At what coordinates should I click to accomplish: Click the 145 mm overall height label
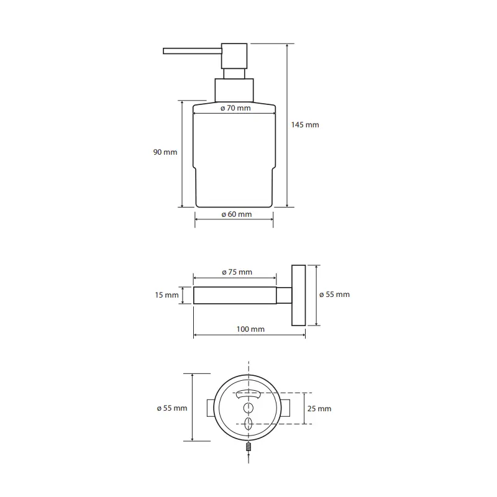click(304, 125)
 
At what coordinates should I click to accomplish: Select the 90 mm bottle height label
click(166, 152)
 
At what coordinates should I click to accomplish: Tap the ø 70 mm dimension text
click(235, 108)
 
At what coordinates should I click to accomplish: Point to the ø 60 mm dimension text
click(236, 214)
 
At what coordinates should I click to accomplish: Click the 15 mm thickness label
click(166, 295)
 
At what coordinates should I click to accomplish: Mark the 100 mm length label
click(250, 329)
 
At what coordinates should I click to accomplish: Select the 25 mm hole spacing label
click(320, 408)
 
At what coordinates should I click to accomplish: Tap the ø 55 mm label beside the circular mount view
click(172, 408)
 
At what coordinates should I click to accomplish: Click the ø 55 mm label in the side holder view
click(335, 294)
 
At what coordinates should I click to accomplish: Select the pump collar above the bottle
click(234, 90)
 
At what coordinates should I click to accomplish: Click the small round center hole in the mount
click(248, 408)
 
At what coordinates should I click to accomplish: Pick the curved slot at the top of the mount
click(248, 393)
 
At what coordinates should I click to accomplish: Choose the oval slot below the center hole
click(248, 424)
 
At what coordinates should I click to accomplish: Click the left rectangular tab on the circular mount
click(209, 408)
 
